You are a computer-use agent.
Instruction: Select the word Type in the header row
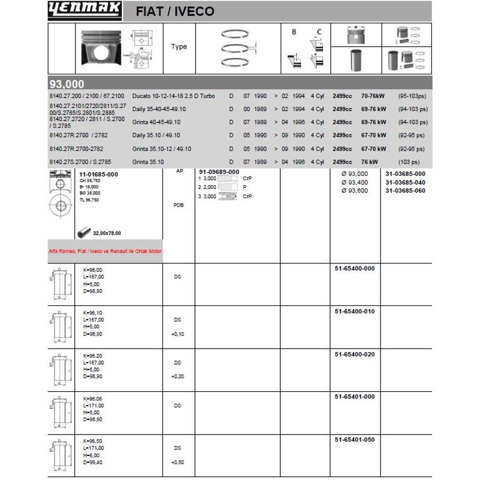click(x=179, y=47)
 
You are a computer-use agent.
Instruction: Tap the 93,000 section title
click(x=67, y=84)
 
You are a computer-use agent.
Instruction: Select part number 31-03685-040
click(x=405, y=182)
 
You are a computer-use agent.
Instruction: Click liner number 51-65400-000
click(x=354, y=268)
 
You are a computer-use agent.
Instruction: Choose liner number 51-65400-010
click(x=354, y=311)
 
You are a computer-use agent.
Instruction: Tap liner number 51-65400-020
click(x=354, y=354)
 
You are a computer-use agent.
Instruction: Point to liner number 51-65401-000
click(x=354, y=397)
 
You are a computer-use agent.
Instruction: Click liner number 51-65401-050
click(x=354, y=440)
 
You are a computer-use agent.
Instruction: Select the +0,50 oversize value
click(x=177, y=462)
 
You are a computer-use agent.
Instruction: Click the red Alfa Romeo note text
click(x=106, y=251)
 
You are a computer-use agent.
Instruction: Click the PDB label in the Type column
click(x=178, y=205)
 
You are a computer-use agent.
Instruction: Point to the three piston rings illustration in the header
click(x=238, y=47)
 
